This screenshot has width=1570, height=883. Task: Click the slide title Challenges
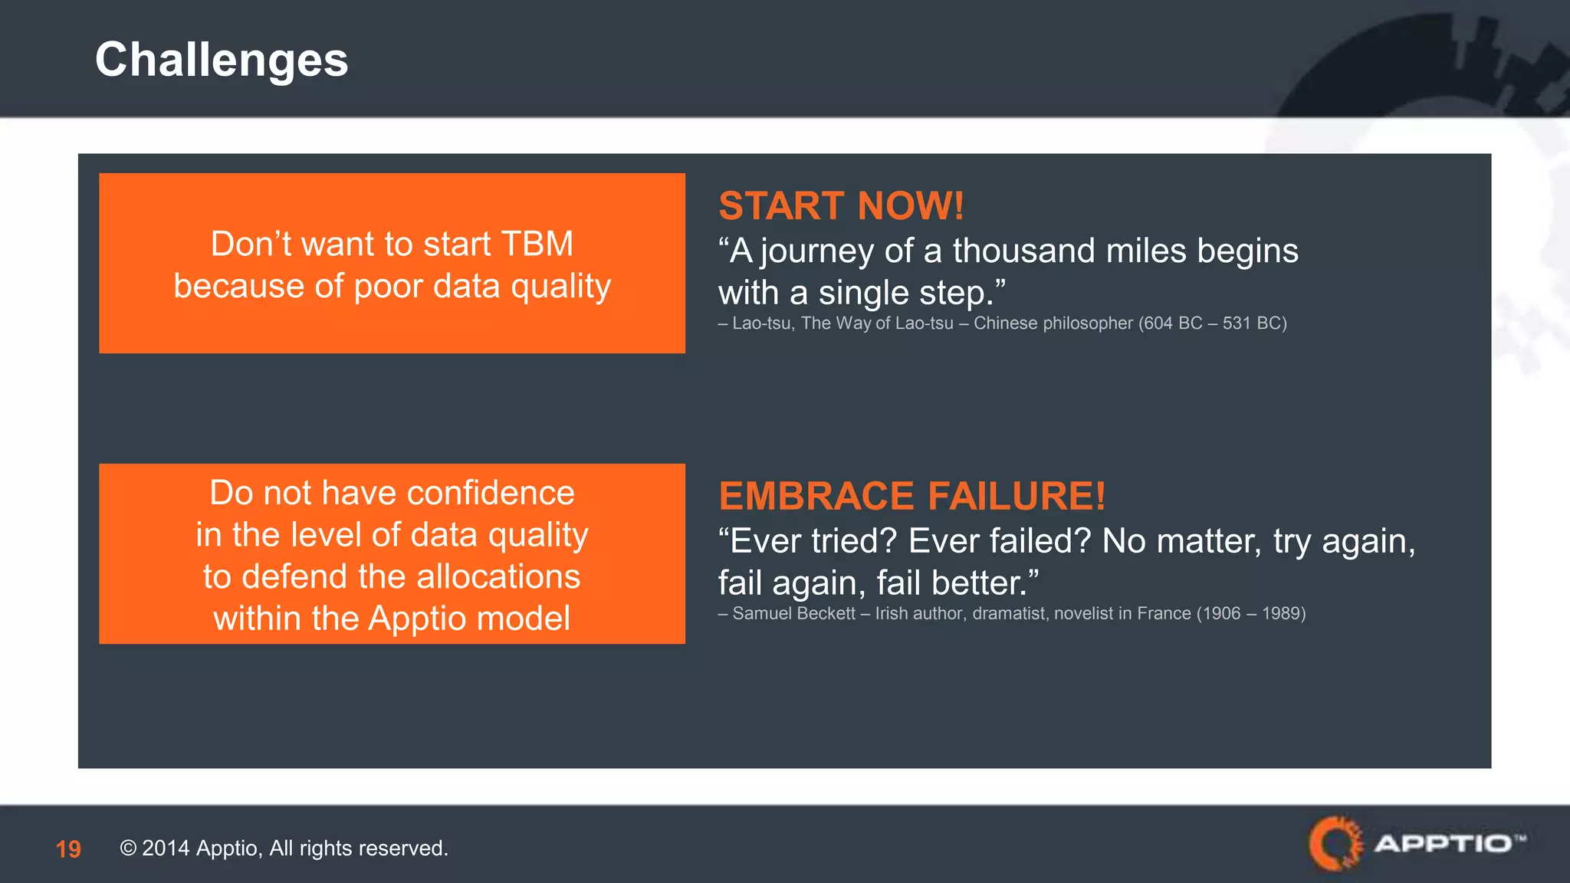pyautogui.click(x=222, y=60)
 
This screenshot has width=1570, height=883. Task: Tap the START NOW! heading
pyautogui.click(x=841, y=205)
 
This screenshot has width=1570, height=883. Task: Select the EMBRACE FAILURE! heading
pyautogui.click(x=912, y=496)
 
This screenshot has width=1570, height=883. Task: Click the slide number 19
pyautogui.click(x=68, y=849)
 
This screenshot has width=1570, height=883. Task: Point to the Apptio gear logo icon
pyautogui.click(x=1335, y=843)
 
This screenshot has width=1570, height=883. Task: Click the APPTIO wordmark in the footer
pyautogui.click(x=1444, y=844)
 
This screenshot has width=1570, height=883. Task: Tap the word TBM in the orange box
pyautogui.click(x=537, y=244)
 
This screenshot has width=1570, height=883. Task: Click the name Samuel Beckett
pyautogui.click(x=793, y=613)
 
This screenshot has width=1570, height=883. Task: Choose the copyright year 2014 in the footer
pyautogui.click(x=166, y=849)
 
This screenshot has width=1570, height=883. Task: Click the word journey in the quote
pyautogui.click(x=817, y=251)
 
